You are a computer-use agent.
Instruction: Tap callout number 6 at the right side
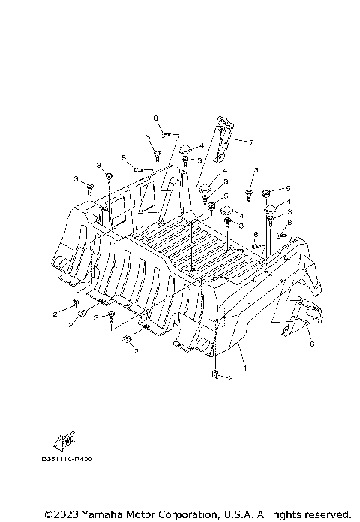click(x=312, y=344)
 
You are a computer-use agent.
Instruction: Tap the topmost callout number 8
click(x=157, y=118)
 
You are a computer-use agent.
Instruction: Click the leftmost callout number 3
click(x=76, y=178)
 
